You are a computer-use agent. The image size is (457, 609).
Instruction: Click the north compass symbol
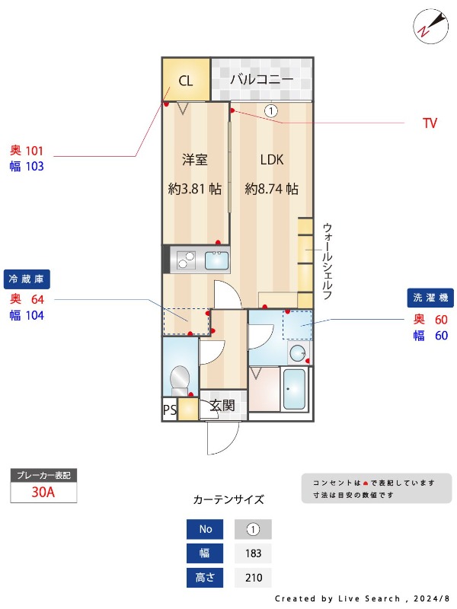coord(429,24)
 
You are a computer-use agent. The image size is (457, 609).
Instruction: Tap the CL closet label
coord(185,81)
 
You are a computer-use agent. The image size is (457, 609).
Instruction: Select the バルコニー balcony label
coord(261,78)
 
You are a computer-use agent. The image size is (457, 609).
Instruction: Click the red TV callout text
coord(430,123)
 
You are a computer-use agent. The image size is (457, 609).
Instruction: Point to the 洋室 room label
coord(194,160)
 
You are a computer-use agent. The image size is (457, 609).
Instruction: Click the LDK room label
coord(271,160)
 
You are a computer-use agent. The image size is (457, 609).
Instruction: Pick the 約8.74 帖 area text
coord(271,189)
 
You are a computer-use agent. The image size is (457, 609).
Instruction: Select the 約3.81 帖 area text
coord(194,189)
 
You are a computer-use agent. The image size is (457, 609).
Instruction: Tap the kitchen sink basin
coord(216,261)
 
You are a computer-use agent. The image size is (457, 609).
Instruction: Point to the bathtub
coord(293,389)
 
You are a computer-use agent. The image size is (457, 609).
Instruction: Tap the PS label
coord(169,410)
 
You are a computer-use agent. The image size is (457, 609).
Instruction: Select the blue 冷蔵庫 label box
coord(27,278)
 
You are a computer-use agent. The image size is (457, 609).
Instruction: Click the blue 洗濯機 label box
coord(430,298)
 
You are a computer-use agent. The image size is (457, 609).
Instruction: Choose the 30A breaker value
coord(43,492)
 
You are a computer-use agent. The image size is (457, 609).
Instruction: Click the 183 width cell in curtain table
coord(253,553)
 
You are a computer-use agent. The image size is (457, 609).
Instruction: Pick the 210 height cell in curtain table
coord(253,578)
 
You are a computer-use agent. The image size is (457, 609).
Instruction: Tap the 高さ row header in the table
coord(206,578)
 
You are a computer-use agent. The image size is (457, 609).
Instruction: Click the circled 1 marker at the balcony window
coord(270,110)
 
